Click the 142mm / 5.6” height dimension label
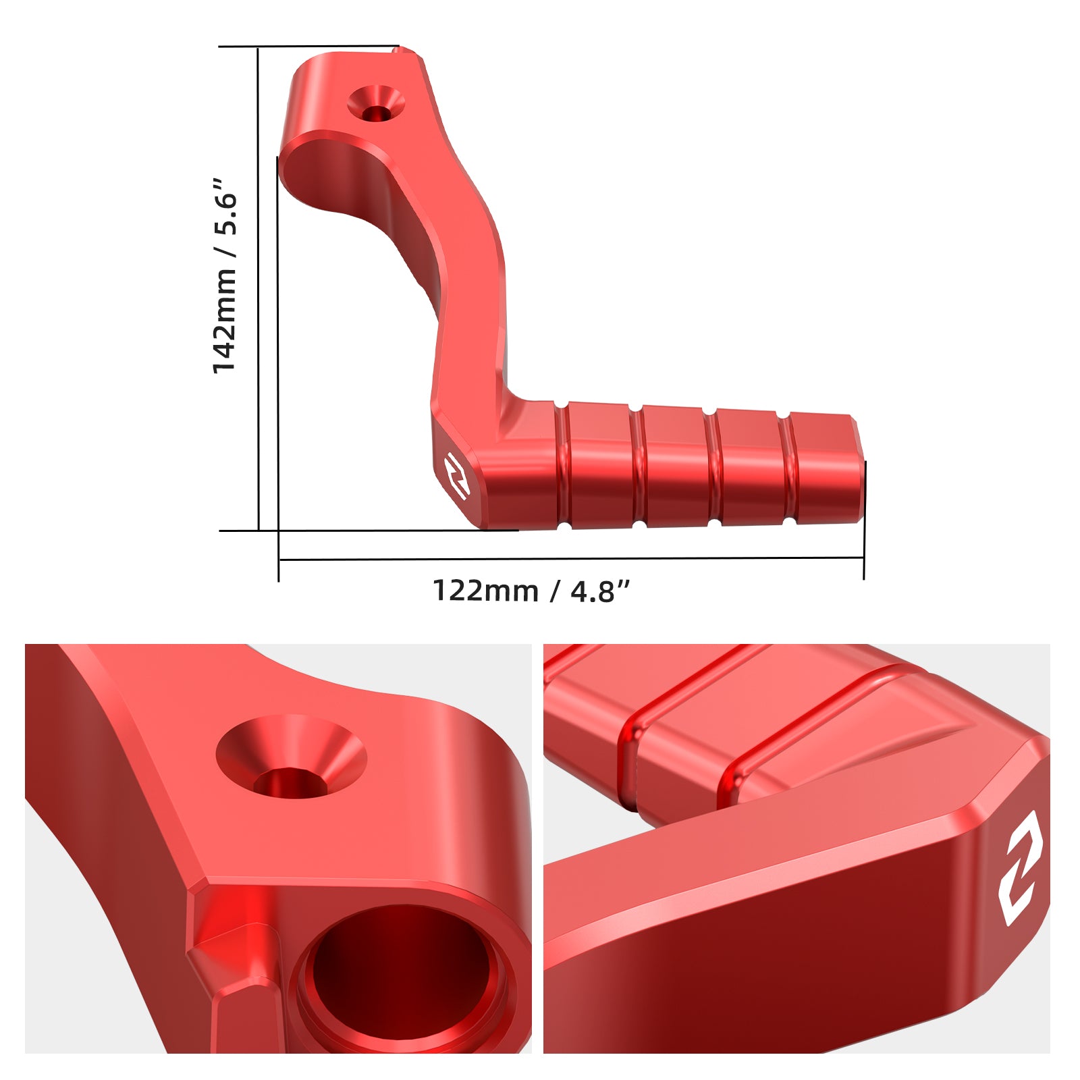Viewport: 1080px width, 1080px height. point(225,275)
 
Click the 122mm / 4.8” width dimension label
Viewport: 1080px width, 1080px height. point(531,591)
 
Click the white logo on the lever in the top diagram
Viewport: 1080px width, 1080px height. point(457,476)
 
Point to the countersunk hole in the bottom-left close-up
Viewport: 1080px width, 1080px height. point(291,756)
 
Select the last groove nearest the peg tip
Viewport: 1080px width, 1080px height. point(787,468)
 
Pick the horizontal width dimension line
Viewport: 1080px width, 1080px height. point(571,559)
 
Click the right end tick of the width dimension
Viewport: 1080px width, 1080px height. point(864,559)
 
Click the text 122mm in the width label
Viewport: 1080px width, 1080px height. point(485,591)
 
